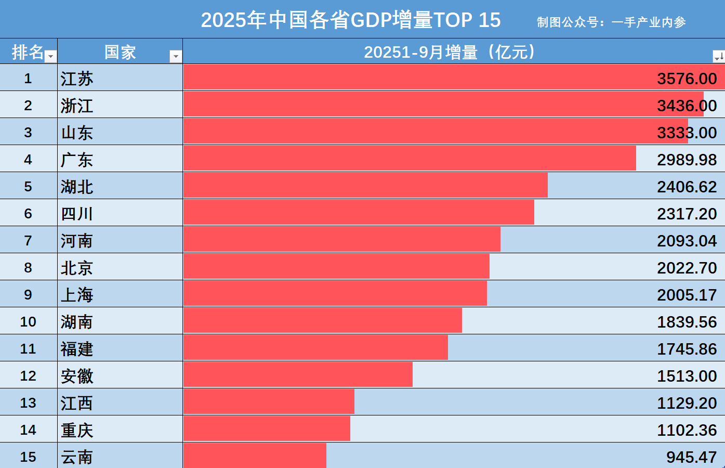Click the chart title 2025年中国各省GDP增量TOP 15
point(351,20)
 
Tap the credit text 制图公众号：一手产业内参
point(611,22)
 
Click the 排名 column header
point(28,52)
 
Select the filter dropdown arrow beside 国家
point(176,56)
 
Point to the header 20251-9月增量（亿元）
point(449,52)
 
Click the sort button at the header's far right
point(718,56)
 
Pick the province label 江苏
point(77,79)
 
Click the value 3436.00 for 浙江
point(687,106)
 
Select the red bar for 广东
point(409,158)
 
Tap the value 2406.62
point(687,187)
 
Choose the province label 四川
point(77,214)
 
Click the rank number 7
point(28,241)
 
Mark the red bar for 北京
point(336,266)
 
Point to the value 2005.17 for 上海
point(687,295)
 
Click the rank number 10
point(28,322)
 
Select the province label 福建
point(77,349)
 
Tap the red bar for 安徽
point(298,374)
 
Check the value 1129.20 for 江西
point(687,403)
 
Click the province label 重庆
point(77,430)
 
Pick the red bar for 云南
point(255,456)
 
